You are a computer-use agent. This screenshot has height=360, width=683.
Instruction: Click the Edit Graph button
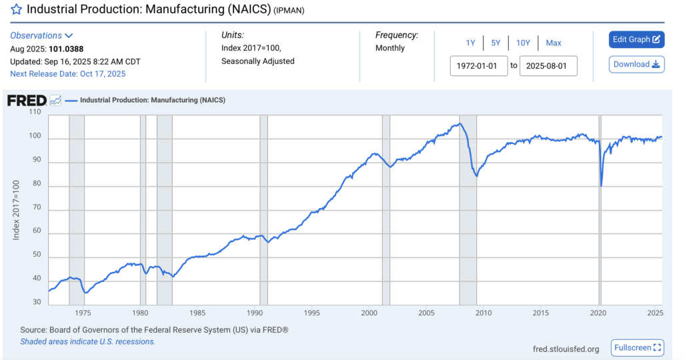point(636,39)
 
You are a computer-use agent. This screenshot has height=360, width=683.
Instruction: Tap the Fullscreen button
point(638,348)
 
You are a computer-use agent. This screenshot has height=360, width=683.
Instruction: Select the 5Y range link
point(496,43)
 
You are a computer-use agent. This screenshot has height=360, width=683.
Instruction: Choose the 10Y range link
point(523,43)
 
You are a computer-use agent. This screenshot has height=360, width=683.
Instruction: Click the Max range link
point(554,43)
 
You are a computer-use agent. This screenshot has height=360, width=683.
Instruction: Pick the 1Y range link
point(470,43)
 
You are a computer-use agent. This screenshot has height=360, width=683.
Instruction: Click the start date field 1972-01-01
point(479,66)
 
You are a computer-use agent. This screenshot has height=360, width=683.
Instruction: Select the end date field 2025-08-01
point(548,66)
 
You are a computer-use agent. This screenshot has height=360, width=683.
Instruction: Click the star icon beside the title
point(17,9)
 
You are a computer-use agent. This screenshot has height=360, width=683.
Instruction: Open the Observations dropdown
point(41,35)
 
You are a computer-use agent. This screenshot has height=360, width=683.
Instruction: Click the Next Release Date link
point(67,74)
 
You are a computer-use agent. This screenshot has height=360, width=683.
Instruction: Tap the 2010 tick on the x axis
point(484,313)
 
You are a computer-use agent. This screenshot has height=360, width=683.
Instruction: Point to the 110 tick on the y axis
point(35,112)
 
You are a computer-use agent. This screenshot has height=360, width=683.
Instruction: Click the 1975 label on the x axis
point(83,313)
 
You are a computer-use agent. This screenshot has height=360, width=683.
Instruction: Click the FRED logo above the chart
point(27,101)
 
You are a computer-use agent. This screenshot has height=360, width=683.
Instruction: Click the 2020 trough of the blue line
point(601,185)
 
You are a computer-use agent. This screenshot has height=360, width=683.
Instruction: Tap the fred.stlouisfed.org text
point(566,349)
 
